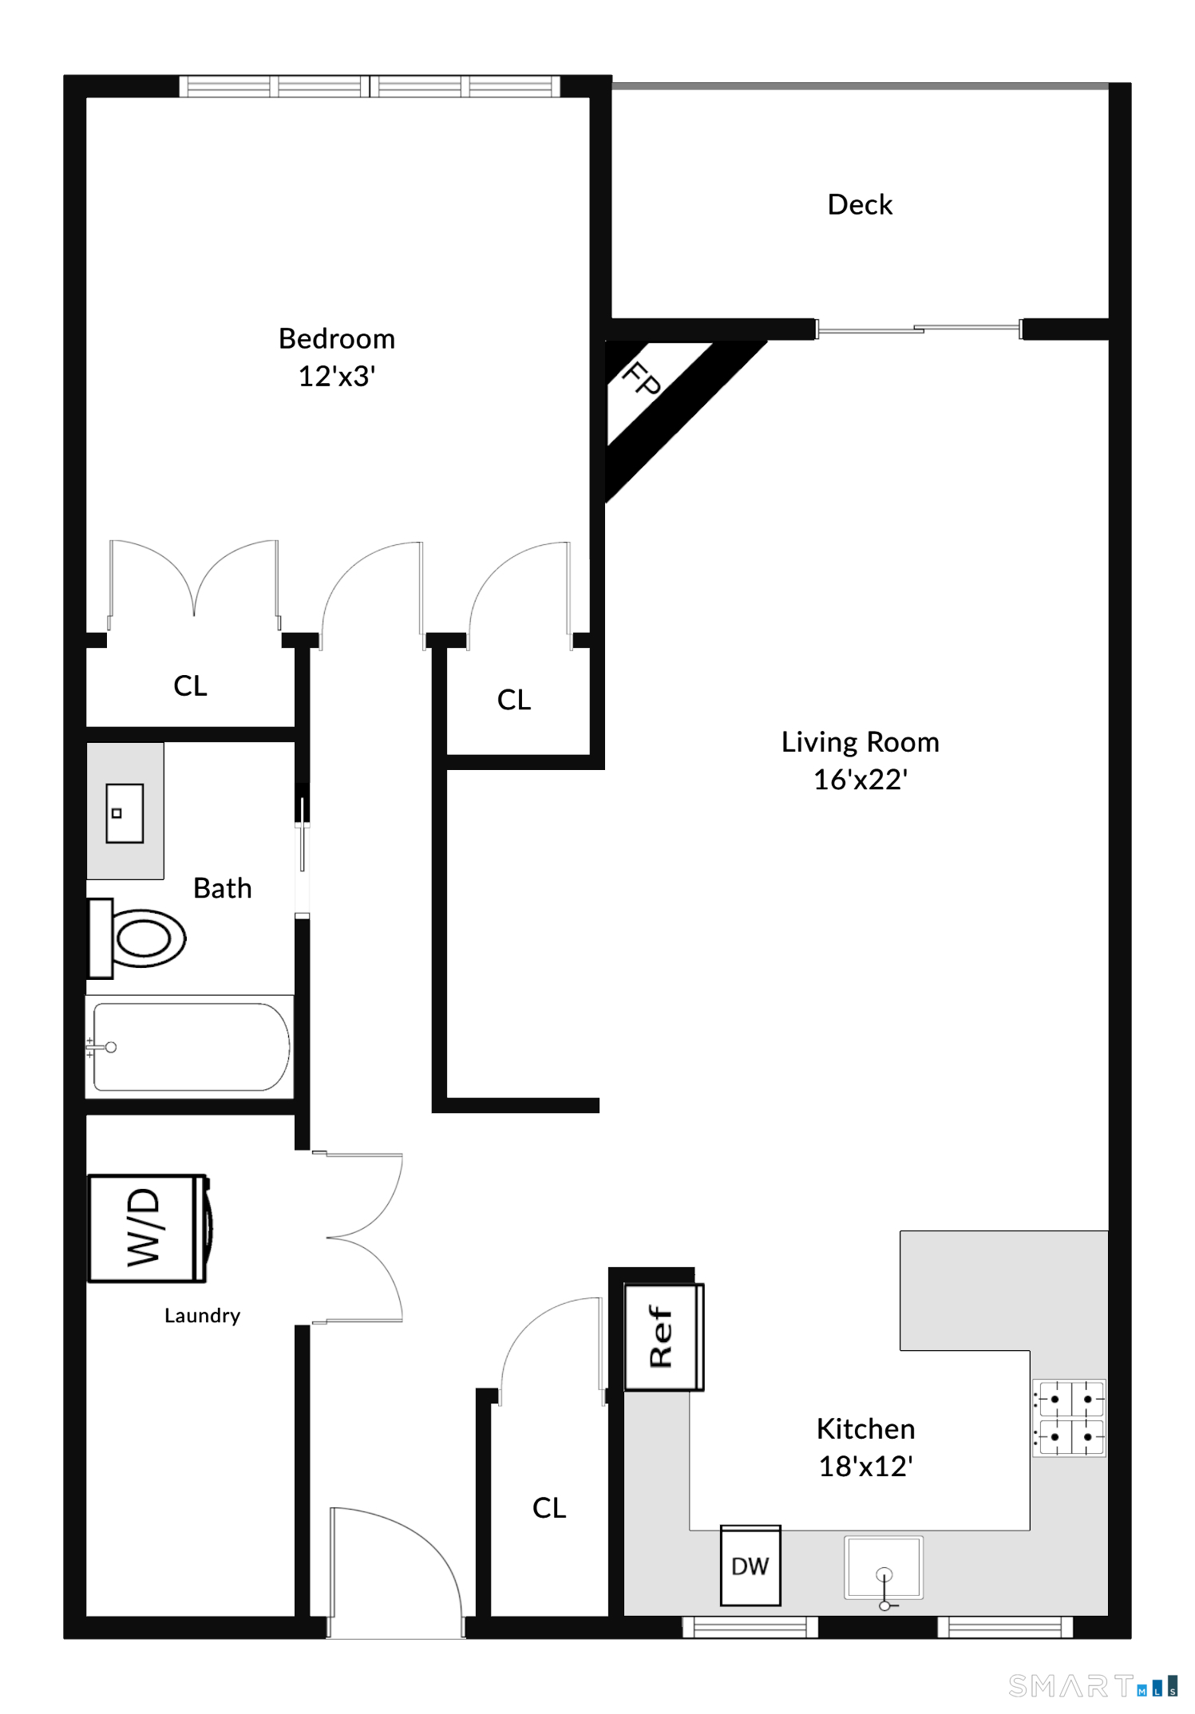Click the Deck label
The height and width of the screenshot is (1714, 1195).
pos(860,205)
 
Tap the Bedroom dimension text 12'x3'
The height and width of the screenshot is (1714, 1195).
pos(337,376)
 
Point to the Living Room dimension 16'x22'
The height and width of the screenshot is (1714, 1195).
pos(861,780)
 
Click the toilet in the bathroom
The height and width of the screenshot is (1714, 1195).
pos(137,938)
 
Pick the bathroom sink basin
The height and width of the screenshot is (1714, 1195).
pos(125,813)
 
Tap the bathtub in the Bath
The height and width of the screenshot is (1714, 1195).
pos(190,1046)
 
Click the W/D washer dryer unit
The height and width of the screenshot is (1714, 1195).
pos(149,1228)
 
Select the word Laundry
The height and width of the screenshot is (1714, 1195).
pos(202,1316)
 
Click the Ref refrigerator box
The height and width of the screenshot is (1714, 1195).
pos(663,1337)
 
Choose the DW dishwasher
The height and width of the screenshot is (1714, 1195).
pos(750,1566)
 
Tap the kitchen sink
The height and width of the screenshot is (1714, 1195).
pos(884,1568)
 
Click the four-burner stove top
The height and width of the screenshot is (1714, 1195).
pos(1069,1418)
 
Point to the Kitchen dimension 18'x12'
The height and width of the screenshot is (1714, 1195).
pos(866,1466)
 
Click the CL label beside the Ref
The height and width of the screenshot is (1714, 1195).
pos(549,1507)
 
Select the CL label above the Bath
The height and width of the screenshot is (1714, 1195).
pos(190,685)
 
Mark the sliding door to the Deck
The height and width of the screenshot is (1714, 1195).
pos(919,329)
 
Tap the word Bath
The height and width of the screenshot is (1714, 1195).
pos(223,888)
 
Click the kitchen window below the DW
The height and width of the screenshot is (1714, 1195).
pos(750,1627)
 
